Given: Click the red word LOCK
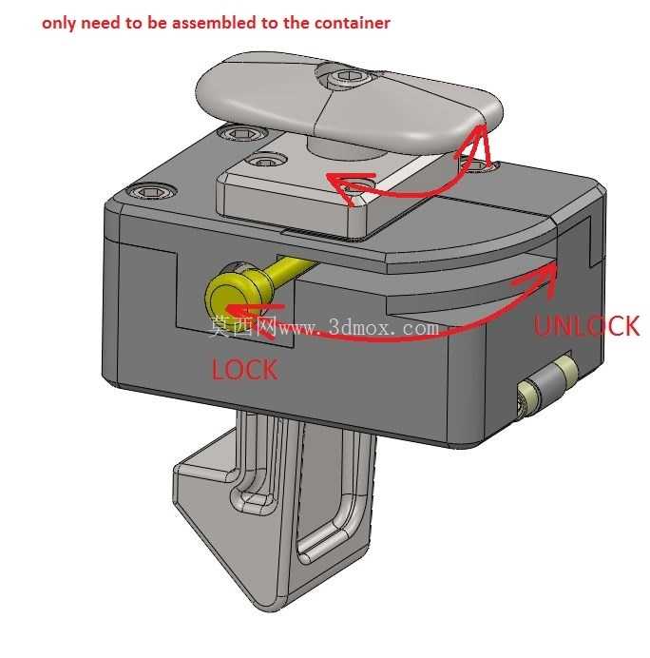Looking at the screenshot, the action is [x=244, y=369].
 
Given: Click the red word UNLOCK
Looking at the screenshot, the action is [x=586, y=325].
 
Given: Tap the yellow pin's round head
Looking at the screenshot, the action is [x=225, y=296].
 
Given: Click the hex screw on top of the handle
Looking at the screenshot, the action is [x=343, y=76].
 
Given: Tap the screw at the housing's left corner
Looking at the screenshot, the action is [x=150, y=192].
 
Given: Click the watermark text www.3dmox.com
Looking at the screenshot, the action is [x=358, y=327].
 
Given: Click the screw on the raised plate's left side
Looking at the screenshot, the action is [x=264, y=161].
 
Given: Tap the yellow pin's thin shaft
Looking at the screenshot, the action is [x=293, y=270].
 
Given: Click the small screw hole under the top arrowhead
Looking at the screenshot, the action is [x=477, y=166].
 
